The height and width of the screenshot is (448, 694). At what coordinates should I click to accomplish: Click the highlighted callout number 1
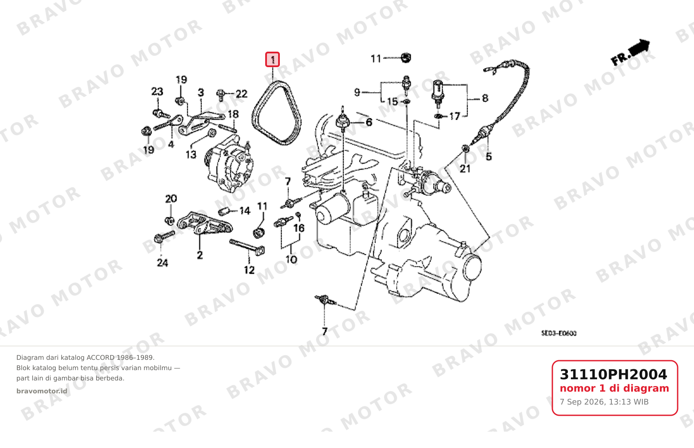point(273,59)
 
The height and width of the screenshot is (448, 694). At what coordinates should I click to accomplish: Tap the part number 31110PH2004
point(613,374)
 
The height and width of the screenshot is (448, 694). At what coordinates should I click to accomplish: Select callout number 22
point(242,94)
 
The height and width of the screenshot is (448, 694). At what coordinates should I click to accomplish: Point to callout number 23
point(157,92)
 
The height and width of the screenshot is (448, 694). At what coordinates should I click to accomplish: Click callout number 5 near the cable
point(489,157)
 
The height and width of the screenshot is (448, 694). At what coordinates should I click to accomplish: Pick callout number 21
point(465,169)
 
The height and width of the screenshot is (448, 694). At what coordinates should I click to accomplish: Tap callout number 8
point(485,99)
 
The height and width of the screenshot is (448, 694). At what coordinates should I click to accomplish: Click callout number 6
point(369,122)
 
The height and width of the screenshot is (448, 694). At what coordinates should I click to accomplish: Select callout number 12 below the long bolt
point(249,270)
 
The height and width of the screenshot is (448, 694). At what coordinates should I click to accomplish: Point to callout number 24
point(162,263)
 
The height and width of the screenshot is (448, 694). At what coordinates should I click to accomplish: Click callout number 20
point(171,198)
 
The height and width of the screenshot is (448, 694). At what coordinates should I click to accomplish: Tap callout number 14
point(245,211)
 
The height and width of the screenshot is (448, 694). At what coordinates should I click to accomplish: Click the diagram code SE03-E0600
point(559,334)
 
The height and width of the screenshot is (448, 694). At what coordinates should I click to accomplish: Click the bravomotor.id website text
point(42,391)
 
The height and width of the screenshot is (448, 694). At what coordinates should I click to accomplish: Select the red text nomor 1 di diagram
point(614,389)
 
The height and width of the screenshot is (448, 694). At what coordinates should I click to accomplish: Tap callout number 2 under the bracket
point(200,255)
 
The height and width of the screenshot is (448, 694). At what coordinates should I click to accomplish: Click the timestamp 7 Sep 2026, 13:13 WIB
point(604,402)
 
